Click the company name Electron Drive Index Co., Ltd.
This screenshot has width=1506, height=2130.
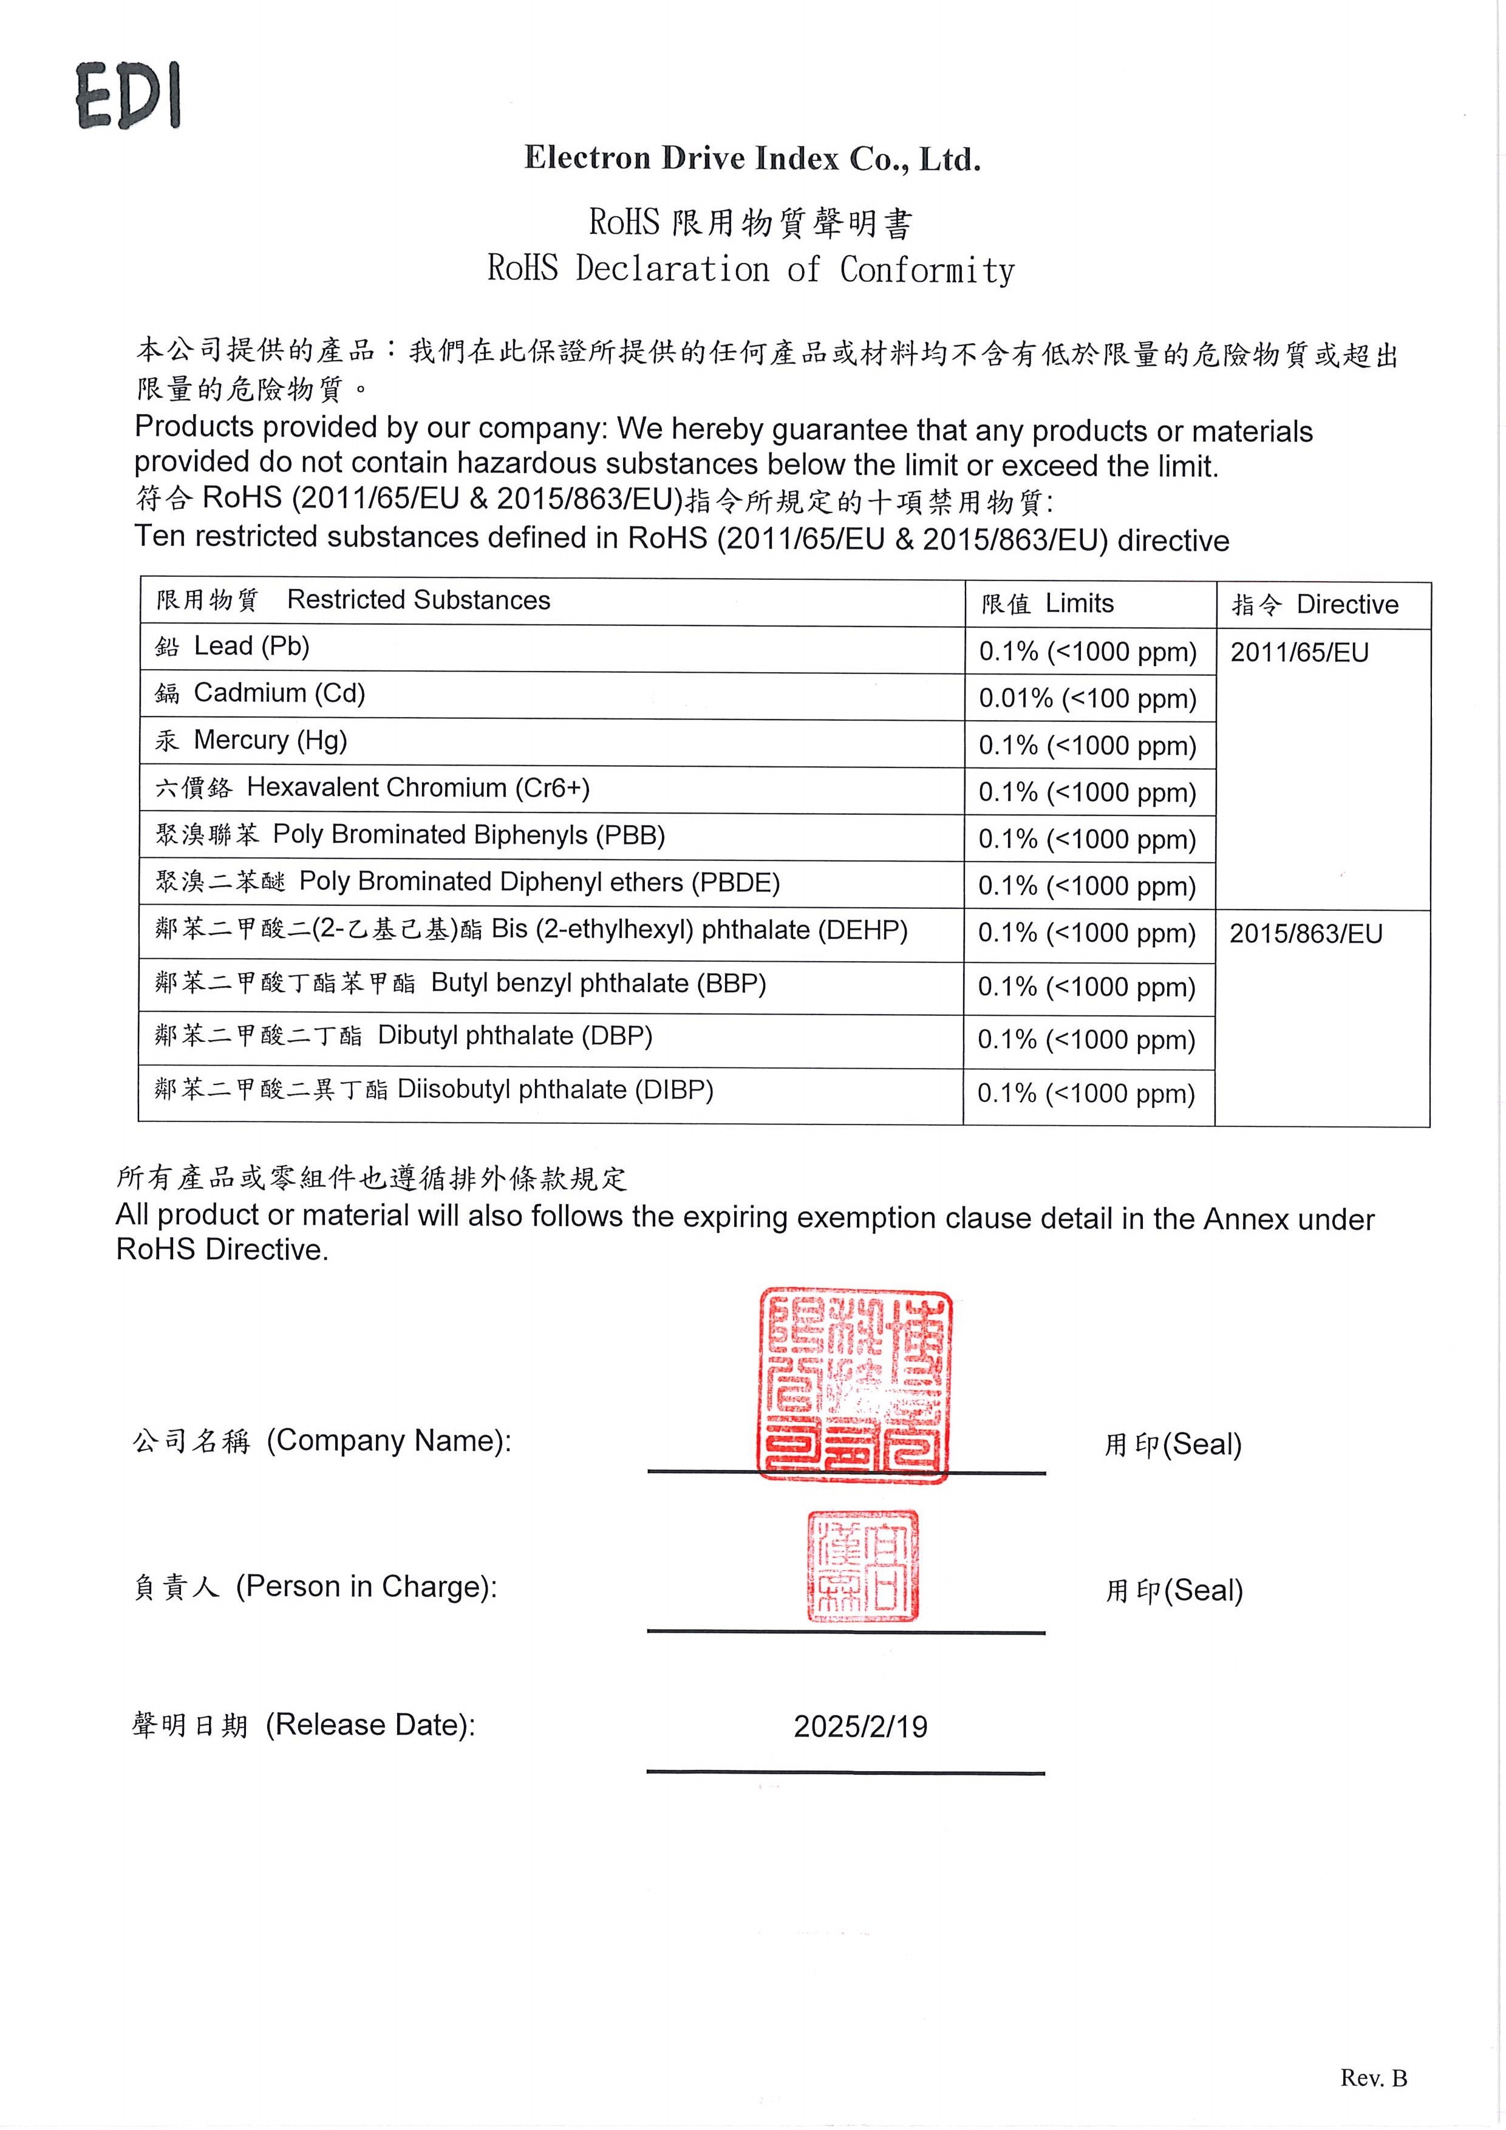click(x=752, y=158)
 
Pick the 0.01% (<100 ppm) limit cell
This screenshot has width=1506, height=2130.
click(x=1088, y=698)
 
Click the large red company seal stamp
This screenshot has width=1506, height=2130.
click(x=854, y=1383)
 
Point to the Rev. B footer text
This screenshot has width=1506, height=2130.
click(x=1373, y=2078)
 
